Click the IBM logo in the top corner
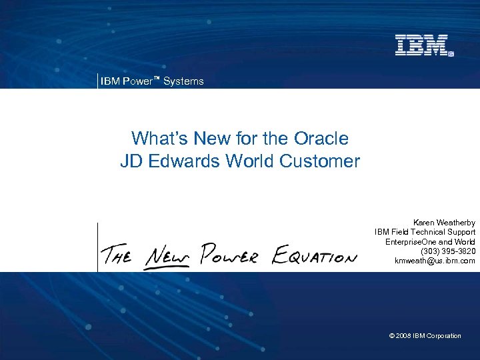point(424,45)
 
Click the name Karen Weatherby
point(444,222)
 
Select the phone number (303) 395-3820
point(448,251)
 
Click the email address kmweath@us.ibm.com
point(435,261)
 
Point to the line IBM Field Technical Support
point(425,231)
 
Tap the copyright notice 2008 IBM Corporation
point(425,336)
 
